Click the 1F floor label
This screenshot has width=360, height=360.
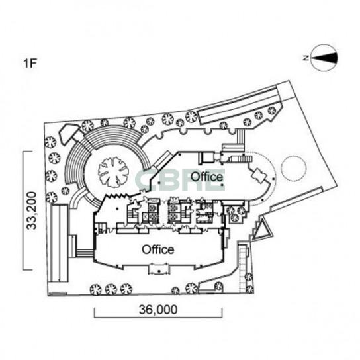pos(30,63)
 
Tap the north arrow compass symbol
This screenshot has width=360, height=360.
pos(324,58)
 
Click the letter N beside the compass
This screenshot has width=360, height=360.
pos(306,58)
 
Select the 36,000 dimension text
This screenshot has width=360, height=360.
pos(158,310)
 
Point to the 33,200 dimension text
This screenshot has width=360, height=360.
pos(32,210)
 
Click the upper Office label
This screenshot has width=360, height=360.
pos(206,177)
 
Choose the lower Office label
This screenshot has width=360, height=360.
pos(158,249)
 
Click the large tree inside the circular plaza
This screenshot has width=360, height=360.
pos(113,172)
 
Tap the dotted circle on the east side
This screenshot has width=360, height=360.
pos(294,168)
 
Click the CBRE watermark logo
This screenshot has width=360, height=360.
pos(181,180)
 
